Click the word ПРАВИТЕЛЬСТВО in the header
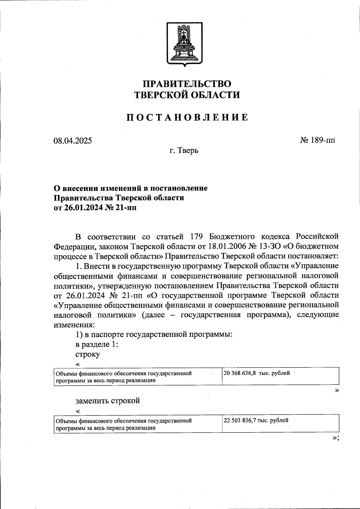click(x=187, y=84)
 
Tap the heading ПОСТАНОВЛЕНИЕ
click(x=187, y=117)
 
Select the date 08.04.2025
click(x=73, y=141)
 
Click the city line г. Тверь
click(x=184, y=150)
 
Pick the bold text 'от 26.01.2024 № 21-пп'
click(x=95, y=208)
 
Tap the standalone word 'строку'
click(x=88, y=354)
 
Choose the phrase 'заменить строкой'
click(x=108, y=401)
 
